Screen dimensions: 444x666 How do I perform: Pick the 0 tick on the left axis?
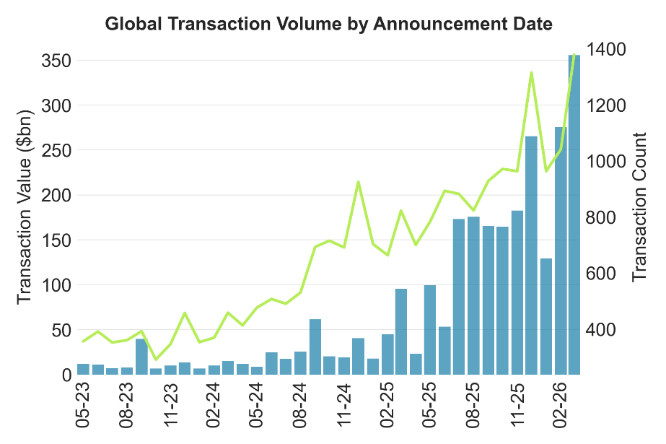(64, 375)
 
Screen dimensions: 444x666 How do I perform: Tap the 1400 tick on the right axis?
(607, 49)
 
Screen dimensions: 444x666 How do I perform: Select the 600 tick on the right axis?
(602, 274)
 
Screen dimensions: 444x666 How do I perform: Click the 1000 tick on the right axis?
(607, 162)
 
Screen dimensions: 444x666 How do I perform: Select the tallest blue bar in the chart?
(575, 217)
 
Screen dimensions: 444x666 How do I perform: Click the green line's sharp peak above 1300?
(531, 72)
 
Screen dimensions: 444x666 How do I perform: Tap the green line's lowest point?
(156, 360)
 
